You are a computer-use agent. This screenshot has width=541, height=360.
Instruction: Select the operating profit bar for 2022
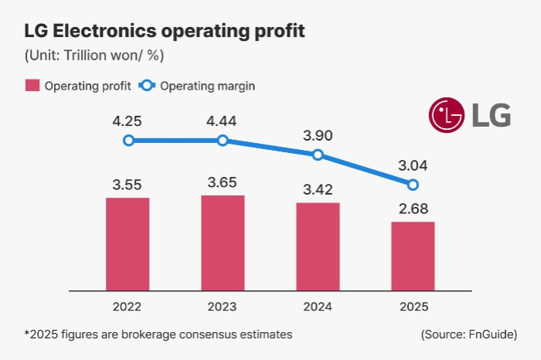[x=128, y=244]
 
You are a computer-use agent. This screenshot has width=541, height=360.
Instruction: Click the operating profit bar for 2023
[x=223, y=243]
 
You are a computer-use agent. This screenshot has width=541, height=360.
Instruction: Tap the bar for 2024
[x=318, y=246]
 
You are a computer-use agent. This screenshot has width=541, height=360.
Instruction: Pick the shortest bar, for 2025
[x=413, y=256]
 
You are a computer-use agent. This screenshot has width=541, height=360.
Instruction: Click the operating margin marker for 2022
[x=128, y=141]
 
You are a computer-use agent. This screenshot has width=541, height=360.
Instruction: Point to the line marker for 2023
[x=223, y=141]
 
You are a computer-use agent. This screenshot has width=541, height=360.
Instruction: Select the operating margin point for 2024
[x=318, y=155]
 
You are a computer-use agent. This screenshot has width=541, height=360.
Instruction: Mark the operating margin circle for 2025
[x=413, y=185]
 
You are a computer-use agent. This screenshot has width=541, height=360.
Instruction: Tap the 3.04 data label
[x=413, y=165]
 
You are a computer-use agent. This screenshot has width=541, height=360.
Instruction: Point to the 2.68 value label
[x=413, y=209]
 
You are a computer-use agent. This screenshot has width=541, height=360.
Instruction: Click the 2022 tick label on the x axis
[x=128, y=307]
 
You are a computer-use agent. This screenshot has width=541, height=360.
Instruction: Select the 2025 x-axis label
[x=413, y=307]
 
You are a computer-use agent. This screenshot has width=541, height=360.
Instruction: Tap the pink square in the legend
[x=32, y=86]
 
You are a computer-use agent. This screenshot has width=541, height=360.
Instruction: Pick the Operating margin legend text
[x=207, y=86]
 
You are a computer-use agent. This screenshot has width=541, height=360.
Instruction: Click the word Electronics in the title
[x=102, y=32]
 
